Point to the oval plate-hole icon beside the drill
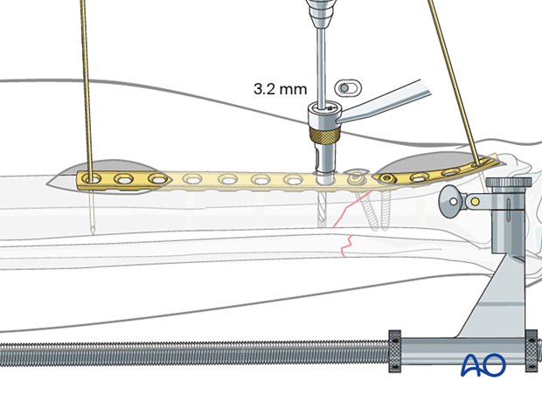[x=348, y=87]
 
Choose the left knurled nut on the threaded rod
[x=393, y=352]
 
